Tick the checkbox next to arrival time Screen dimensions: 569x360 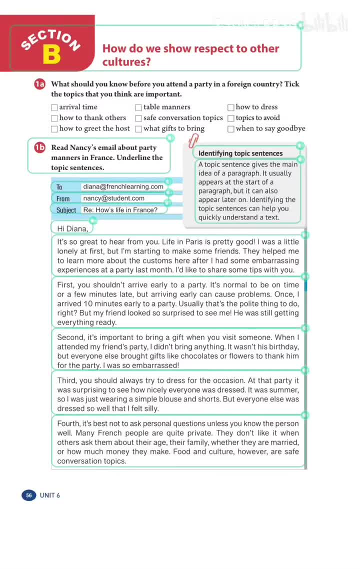(x=54, y=107)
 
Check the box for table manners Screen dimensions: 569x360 (x=138, y=107)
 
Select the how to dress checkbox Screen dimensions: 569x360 (x=231, y=107)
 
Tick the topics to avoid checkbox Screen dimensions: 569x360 (x=231, y=118)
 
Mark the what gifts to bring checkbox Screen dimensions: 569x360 (x=138, y=129)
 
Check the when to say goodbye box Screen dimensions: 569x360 (x=231, y=129)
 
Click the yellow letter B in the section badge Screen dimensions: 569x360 (x=51, y=54)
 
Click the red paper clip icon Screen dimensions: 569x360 (x=193, y=141)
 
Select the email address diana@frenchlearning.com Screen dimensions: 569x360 (x=123, y=186)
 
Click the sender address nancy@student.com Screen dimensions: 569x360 (x=113, y=198)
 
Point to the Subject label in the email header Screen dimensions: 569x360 (x=66, y=210)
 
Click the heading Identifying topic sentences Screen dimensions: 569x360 (x=240, y=153)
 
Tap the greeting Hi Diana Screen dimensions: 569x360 (x=72, y=228)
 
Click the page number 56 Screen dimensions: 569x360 (x=29, y=495)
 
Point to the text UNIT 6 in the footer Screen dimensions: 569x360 (x=50, y=495)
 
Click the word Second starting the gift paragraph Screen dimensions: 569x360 (x=70, y=337)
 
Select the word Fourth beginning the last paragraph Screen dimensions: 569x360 (x=69, y=423)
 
